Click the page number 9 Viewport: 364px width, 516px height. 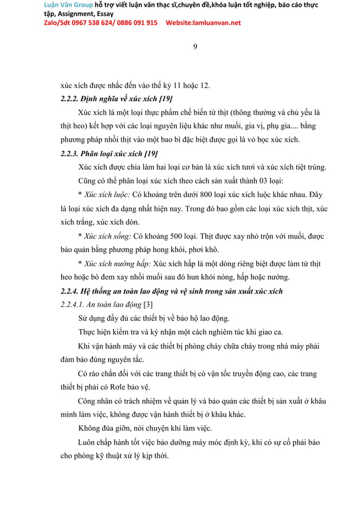(195, 46)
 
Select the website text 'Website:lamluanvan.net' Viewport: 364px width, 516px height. (203, 23)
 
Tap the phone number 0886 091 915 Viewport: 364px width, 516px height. (135, 23)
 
